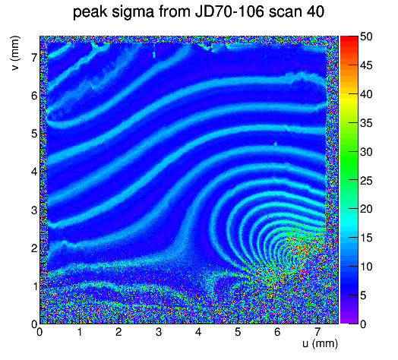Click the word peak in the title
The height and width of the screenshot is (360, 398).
point(90,12)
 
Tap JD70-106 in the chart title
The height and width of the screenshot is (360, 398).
point(229,11)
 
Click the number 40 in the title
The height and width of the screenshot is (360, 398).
point(315,12)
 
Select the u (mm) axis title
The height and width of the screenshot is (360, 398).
point(320,343)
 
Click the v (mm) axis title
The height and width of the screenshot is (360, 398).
point(16,53)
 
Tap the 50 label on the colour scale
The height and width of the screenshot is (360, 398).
point(366,36)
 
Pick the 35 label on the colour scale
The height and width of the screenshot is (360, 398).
point(366,123)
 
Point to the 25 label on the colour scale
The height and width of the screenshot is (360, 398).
point(366,181)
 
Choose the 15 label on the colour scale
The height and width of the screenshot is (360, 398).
point(366,238)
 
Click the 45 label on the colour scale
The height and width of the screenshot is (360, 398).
point(366,66)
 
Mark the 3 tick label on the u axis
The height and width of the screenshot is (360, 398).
point(159,332)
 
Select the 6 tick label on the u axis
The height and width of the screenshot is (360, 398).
point(277,332)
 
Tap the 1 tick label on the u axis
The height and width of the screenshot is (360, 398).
point(80,332)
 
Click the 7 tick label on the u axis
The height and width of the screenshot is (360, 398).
point(317,332)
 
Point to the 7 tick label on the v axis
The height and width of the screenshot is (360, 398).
point(34,58)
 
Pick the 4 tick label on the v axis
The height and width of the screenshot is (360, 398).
point(34,172)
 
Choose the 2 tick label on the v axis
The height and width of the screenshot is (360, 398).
point(34,248)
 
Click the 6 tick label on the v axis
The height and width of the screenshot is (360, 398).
point(34,96)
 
